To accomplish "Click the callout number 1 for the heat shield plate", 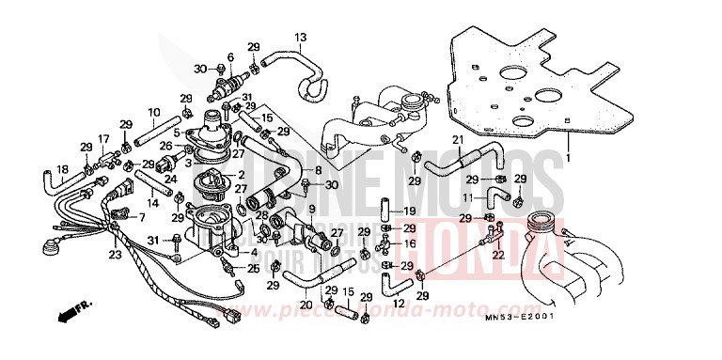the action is click(570, 159).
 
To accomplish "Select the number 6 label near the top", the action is click(230, 57).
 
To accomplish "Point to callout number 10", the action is click(153, 113).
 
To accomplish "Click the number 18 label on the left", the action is click(62, 169).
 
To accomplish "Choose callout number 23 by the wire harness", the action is click(115, 254).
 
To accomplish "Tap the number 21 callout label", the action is click(460, 140).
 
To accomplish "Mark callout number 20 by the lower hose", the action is click(306, 304).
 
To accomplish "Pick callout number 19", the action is click(409, 211).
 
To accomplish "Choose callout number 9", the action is click(311, 208).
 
